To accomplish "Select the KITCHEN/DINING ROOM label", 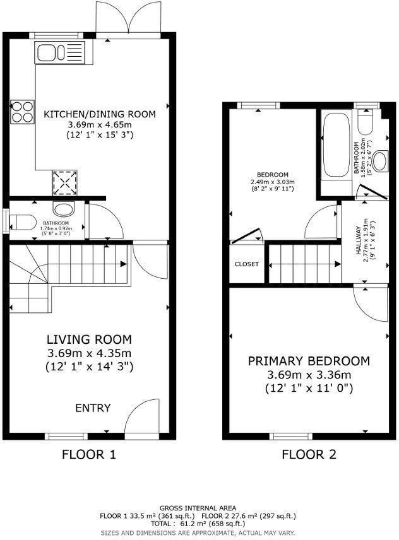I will [99, 114].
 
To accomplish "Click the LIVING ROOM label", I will [88, 339].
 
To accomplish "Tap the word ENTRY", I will [93, 408].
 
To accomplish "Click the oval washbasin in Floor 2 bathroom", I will [379, 161].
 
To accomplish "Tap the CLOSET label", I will [247, 264].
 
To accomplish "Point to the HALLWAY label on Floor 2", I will [358, 240].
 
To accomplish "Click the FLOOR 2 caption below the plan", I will [309, 454].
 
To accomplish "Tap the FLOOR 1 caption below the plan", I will [88, 454].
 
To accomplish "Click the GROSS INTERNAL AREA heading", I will [198, 508].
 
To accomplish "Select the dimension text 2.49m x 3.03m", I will [273, 182].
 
